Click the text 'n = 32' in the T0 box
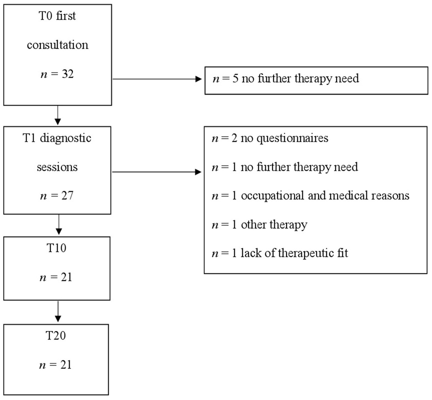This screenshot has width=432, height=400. coord(57,74)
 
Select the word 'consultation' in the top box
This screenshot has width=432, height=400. coord(58,45)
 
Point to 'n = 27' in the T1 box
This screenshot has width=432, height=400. coord(57,195)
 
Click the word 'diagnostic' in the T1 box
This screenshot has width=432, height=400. coord(66,138)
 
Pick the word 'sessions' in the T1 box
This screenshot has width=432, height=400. coord(57,167)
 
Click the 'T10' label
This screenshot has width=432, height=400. coord(57,248)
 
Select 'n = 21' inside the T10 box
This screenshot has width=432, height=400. coord(56,277)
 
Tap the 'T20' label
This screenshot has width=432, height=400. coord(56,336)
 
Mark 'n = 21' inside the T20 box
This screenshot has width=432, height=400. coord(56,365)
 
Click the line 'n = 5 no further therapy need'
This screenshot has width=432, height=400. coord(285,78)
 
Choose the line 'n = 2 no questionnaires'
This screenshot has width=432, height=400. coord(270,138)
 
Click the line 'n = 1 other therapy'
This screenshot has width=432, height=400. coord(260,224)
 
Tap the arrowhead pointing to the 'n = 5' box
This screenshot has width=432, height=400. coord(198,79)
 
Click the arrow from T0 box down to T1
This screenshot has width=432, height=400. coord(58,115)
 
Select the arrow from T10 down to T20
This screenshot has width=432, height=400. coord(58,312)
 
